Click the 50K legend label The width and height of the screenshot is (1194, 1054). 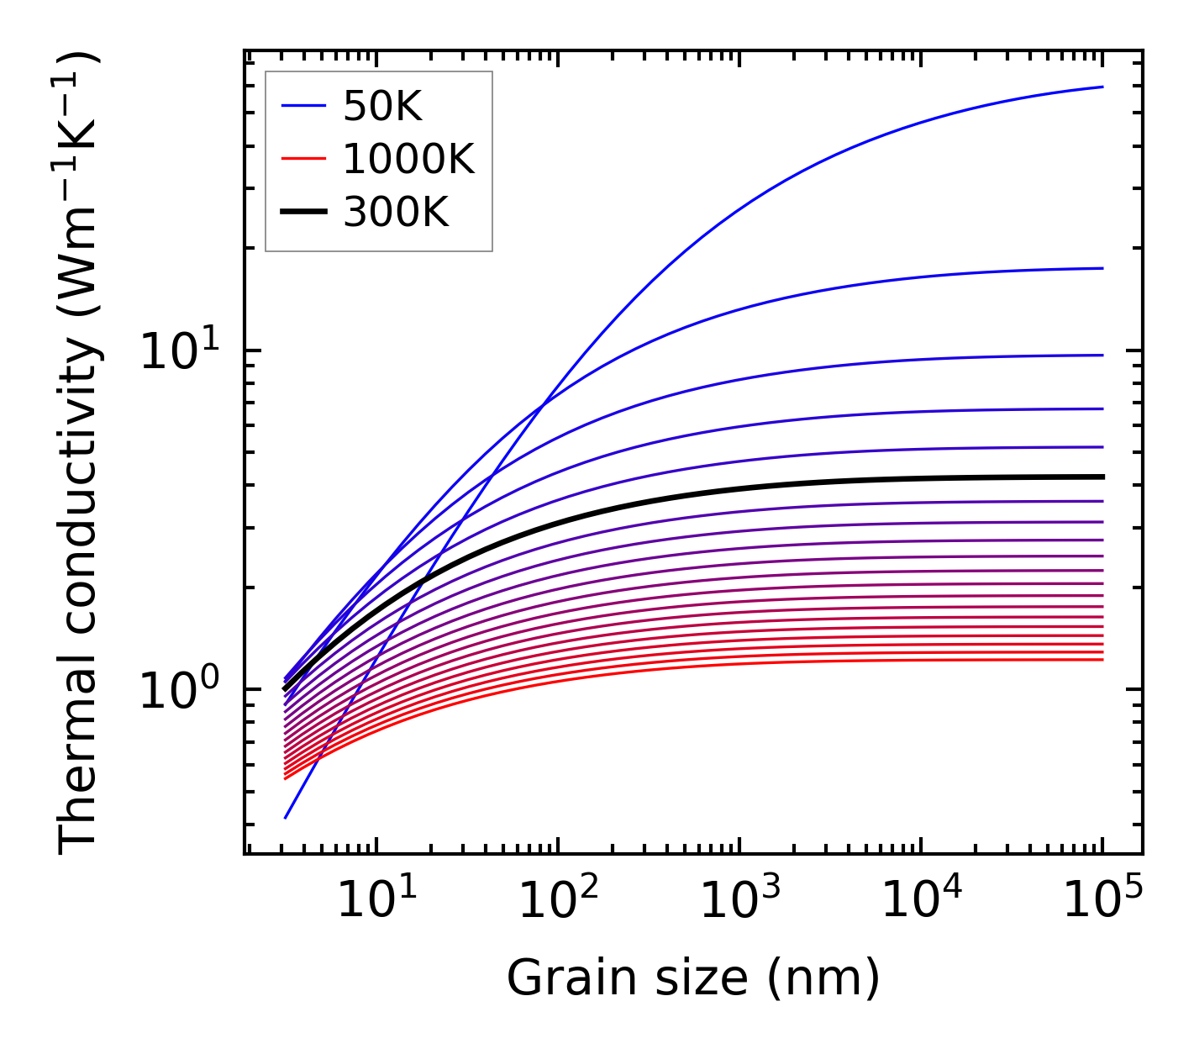coord(382,106)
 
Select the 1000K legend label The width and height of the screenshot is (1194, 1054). coord(408,159)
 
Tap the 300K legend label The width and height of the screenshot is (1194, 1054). coord(396,213)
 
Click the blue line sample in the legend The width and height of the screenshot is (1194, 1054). coord(302,106)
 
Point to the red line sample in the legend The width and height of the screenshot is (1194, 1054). coord(302,159)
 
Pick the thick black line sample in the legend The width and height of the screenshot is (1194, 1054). coord(302,213)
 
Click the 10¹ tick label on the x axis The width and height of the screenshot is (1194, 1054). coord(376,901)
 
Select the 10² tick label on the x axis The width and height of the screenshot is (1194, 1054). coord(558,901)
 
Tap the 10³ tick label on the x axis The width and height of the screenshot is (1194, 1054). coord(739,901)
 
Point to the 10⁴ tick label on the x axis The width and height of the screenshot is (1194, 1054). coord(921,901)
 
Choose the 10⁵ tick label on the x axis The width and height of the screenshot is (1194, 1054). coord(1102,901)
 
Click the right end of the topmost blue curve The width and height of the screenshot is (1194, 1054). coord(1102,87)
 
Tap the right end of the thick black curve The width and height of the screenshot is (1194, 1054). coord(1102,477)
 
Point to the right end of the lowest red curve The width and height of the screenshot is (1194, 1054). coord(1102,659)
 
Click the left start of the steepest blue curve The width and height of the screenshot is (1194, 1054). coord(286,817)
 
